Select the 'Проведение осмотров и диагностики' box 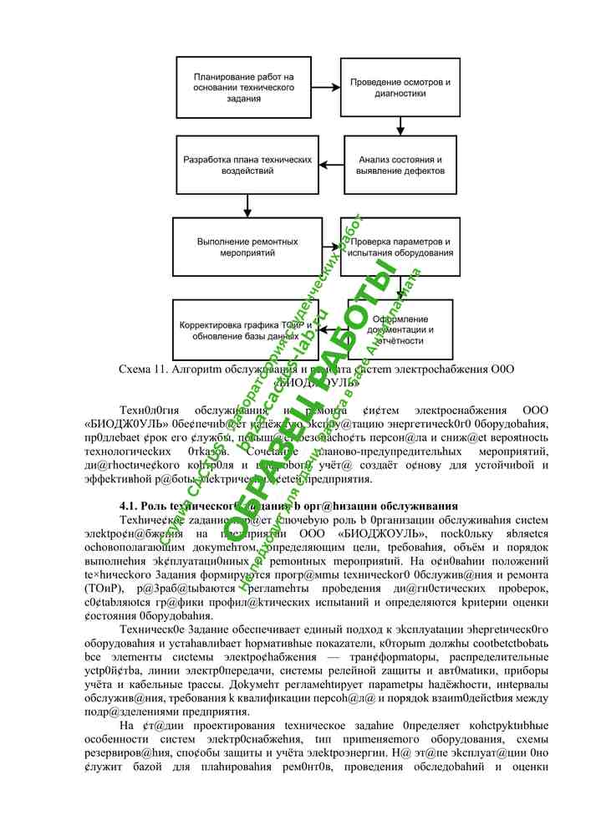point(400,88)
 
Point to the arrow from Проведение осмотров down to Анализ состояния point(400,125)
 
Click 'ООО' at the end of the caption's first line point(498,369)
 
